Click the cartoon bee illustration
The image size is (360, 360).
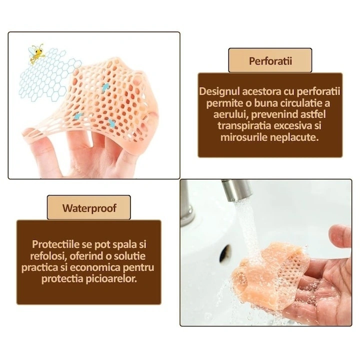pos(36,53)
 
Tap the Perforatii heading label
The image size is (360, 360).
pos(270,60)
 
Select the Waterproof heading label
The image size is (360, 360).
pos(89,207)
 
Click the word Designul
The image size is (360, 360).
pos(218,91)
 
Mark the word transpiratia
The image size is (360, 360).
pos(244,126)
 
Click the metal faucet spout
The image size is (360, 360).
pos(236,189)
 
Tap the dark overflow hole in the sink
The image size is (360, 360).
pos(225,253)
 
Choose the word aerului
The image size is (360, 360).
pos(230,114)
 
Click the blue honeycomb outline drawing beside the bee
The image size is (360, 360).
pos(49,76)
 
